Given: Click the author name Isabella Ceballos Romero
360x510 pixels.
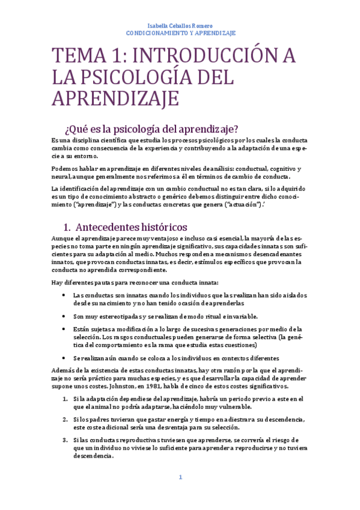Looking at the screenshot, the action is click(x=180, y=25).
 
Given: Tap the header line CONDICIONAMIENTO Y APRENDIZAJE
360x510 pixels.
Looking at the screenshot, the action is click(x=180, y=33).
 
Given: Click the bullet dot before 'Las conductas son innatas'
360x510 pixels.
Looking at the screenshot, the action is click(x=64, y=295).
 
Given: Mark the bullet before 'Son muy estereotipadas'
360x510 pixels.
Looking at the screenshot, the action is click(x=64, y=316).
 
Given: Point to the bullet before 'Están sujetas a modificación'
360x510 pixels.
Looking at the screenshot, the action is click(x=64, y=329).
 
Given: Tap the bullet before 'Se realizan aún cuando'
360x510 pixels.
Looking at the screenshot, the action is click(x=64, y=357).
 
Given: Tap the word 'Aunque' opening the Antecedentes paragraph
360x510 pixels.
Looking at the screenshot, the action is click(x=63, y=238).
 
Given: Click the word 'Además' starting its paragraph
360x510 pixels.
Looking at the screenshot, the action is click(x=64, y=370).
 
